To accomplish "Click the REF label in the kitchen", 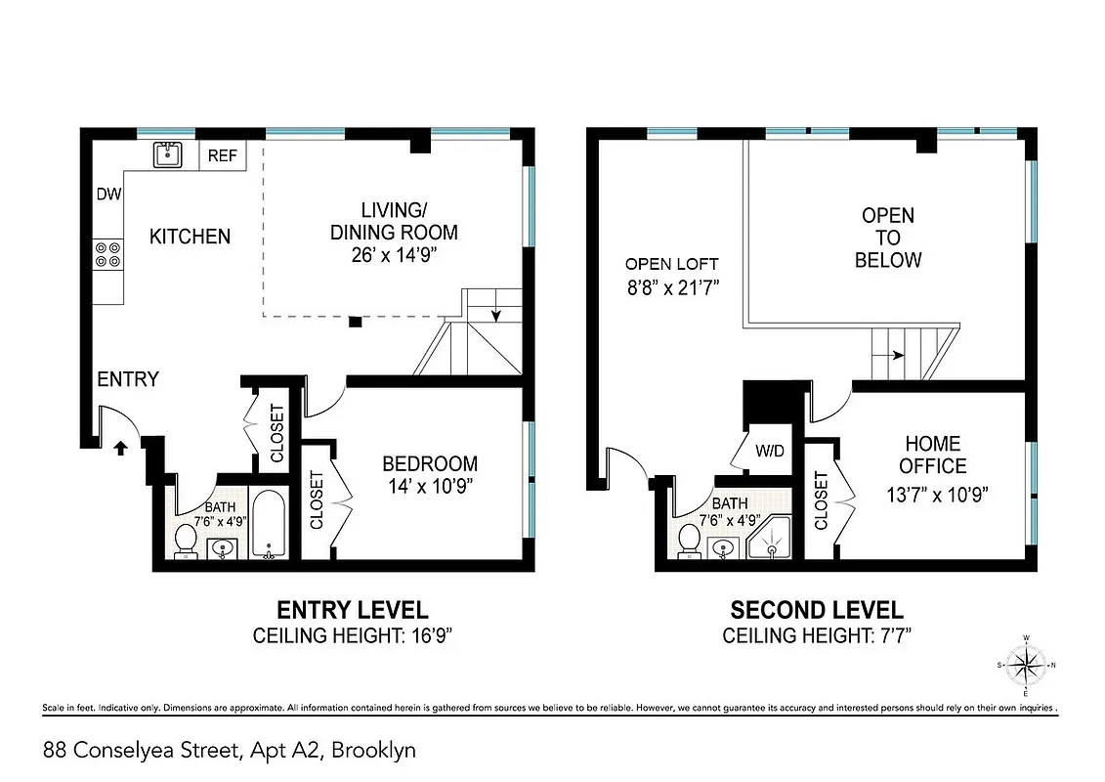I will (223, 155).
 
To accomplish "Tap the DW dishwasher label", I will (108, 195).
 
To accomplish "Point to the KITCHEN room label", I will (190, 237).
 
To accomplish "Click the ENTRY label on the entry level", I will (127, 379).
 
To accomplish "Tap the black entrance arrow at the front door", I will (120, 448).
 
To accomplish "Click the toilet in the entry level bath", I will (185, 542).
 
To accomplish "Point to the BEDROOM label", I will (430, 463).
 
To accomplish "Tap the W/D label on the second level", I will (769, 452).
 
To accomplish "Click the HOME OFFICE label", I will (932, 456).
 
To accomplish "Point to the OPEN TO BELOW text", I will (887, 238).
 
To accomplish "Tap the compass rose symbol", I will (1025, 667).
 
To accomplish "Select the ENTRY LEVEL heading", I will (352, 611).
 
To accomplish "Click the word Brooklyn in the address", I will (374, 751).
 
